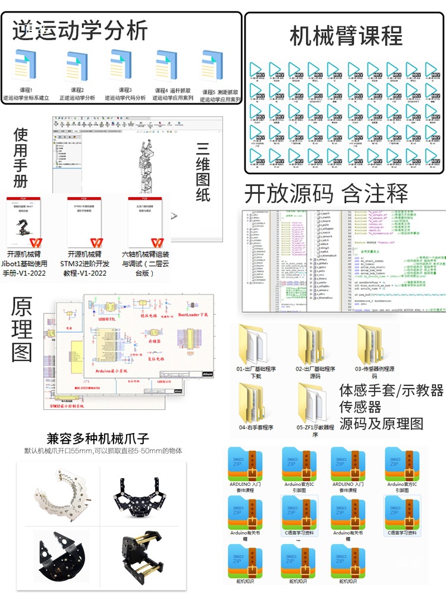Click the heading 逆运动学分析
(80, 30)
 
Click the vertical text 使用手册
(21, 157)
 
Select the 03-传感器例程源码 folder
(373, 342)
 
